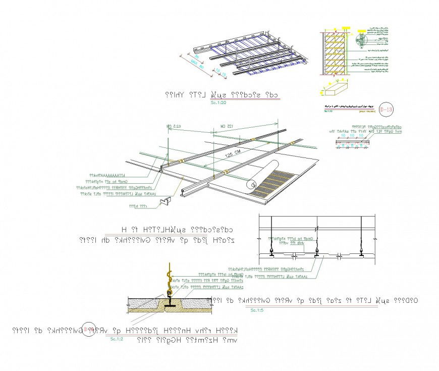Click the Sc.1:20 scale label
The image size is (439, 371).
point(218,102)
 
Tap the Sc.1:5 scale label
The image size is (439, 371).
point(257,309)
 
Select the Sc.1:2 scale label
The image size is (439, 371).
point(117,339)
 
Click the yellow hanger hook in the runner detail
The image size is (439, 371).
point(169,277)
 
